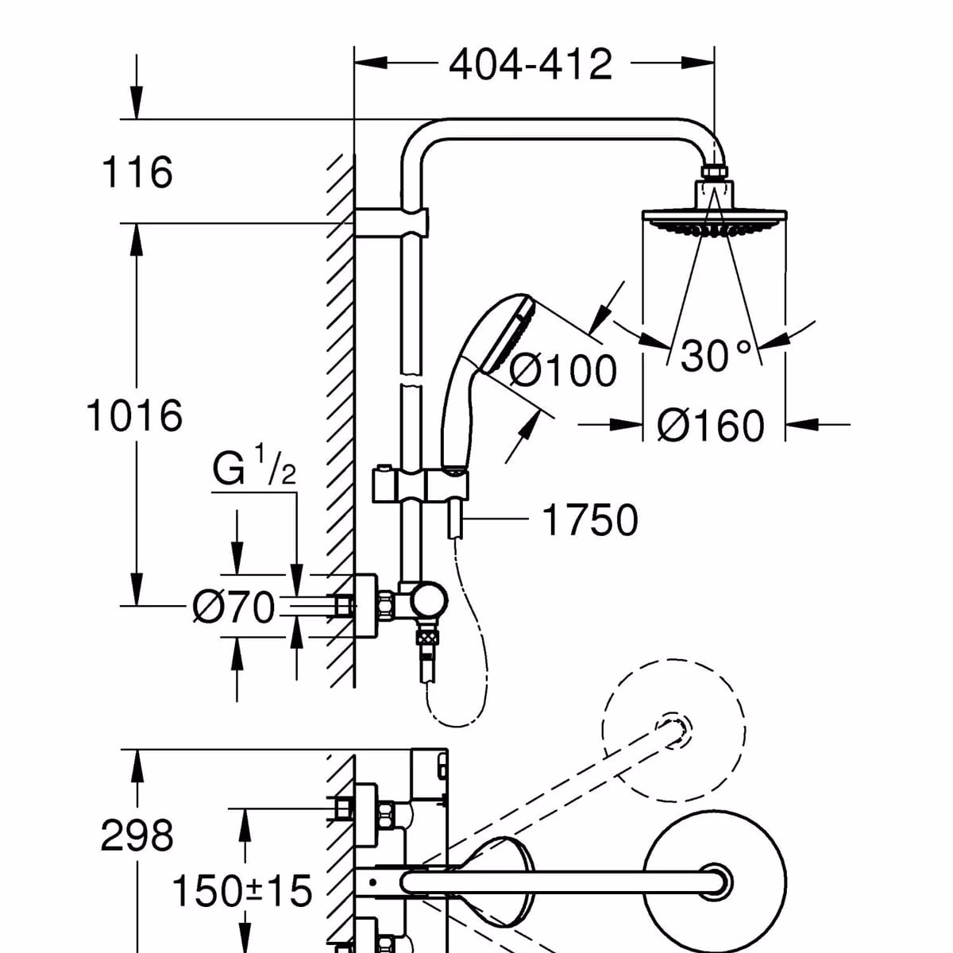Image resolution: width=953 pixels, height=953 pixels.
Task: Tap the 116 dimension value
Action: [137, 172]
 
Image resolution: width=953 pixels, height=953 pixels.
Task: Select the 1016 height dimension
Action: [133, 415]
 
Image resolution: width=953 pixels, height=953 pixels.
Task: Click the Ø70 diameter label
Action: [233, 608]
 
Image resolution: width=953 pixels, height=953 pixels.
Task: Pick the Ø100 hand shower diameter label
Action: [562, 370]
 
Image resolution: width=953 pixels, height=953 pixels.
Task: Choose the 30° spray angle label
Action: [715, 357]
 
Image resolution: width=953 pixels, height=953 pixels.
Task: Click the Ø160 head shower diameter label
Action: [711, 426]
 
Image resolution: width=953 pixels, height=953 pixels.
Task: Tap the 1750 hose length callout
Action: [589, 521]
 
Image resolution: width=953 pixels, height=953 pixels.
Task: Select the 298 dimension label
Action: [137, 835]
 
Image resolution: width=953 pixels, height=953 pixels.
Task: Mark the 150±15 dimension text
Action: [242, 891]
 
